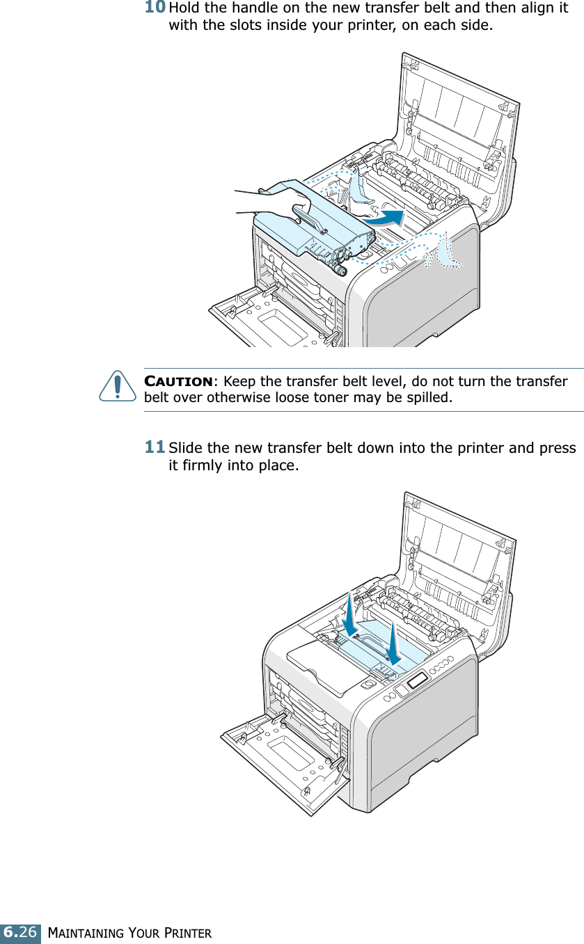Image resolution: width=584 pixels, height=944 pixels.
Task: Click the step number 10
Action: [155, 8]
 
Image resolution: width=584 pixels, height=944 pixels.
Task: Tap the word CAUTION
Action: [178, 382]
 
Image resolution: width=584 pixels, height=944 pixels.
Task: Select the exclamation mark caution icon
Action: [117, 386]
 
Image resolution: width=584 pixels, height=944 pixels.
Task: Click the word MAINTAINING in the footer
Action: [86, 932]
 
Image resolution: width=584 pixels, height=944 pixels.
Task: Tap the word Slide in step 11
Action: [184, 447]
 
